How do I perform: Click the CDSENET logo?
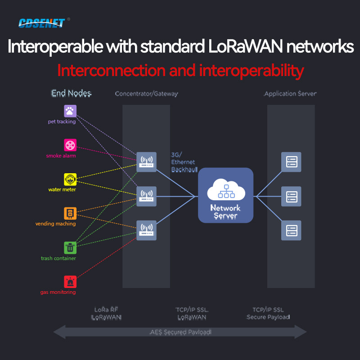[x=41, y=22]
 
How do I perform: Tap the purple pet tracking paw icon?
[x=70, y=111]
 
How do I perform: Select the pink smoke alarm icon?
[x=70, y=145]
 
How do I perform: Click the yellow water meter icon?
[x=70, y=179]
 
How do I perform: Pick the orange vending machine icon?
[x=70, y=213]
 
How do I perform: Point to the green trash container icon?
[x=70, y=247]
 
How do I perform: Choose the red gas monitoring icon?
[x=70, y=282]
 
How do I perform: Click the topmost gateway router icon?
[x=146, y=162]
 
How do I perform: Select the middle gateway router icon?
[x=146, y=196]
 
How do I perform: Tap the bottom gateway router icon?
[x=146, y=230]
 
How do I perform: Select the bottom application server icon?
[x=291, y=230]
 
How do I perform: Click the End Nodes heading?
[x=71, y=94]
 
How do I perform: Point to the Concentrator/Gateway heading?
[x=146, y=94]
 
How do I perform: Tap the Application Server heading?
[x=290, y=94]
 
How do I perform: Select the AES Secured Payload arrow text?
[x=180, y=333]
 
